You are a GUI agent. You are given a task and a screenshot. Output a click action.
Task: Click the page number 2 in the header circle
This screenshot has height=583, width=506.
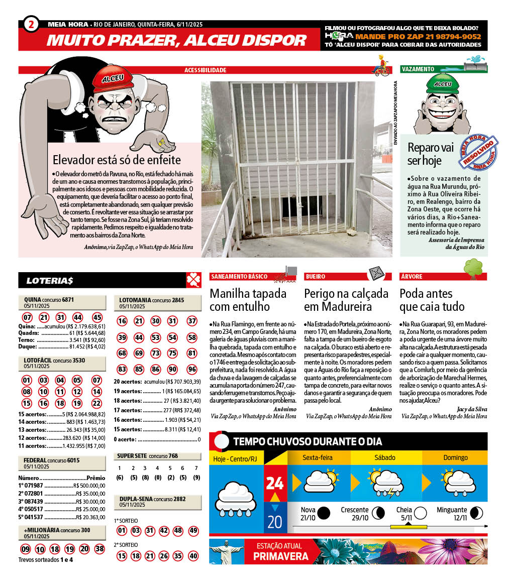pos(31,24)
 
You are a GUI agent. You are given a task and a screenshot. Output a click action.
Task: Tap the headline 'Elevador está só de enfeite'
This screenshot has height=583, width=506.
pos(117,160)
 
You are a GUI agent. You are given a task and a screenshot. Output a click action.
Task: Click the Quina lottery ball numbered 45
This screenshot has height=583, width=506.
pos(97,317)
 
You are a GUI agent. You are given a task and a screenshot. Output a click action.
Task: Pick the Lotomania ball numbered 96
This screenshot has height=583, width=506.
pos(192,369)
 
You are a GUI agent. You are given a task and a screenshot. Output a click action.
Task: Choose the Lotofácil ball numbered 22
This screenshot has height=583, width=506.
pos(97,403)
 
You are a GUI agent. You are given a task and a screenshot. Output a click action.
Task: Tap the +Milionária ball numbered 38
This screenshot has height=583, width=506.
pos(99,549)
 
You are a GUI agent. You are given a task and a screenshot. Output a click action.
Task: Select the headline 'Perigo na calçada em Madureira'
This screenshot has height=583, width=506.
pos(347,300)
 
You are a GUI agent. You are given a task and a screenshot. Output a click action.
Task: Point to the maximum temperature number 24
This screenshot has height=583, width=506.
pos(275,483)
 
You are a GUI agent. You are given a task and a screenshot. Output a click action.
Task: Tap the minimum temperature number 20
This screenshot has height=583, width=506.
pos(275,521)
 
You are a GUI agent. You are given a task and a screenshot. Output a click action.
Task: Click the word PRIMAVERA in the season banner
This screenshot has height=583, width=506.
pos(281,556)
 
